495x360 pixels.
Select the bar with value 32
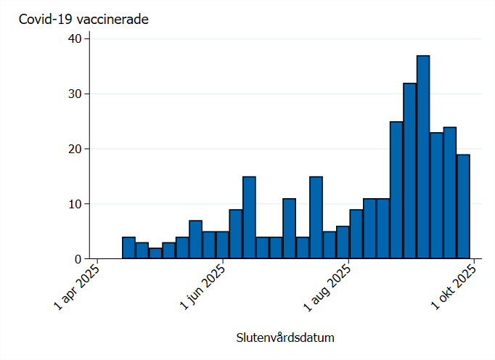[410, 171]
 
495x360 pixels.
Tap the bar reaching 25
[396, 190]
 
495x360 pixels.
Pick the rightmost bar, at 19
[463, 206]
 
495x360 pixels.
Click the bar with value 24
[450, 192]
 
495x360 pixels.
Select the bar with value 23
[436, 195]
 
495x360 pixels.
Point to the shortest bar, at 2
[155, 253]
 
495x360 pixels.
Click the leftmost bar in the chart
[128, 247]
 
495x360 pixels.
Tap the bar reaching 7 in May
[195, 240]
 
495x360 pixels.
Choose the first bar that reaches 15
[249, 218]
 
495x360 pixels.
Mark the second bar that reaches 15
[316, 218]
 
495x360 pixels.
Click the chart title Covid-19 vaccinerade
[83, 20]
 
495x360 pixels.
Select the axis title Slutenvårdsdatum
[285, 338]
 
